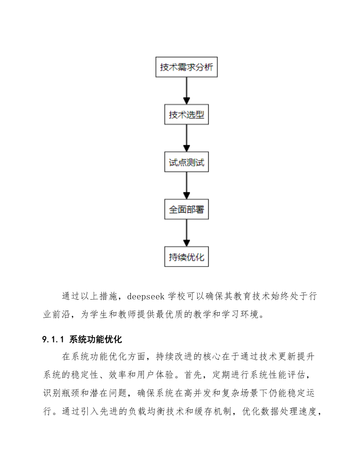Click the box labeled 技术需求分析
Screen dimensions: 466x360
(187, 67)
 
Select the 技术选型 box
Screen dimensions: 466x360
(187, 115)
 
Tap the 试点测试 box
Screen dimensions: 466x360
(187, 162)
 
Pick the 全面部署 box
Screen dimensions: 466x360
(187, 210)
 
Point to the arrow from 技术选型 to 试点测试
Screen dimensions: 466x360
(187, 139)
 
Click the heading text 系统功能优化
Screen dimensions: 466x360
(95, 339)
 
